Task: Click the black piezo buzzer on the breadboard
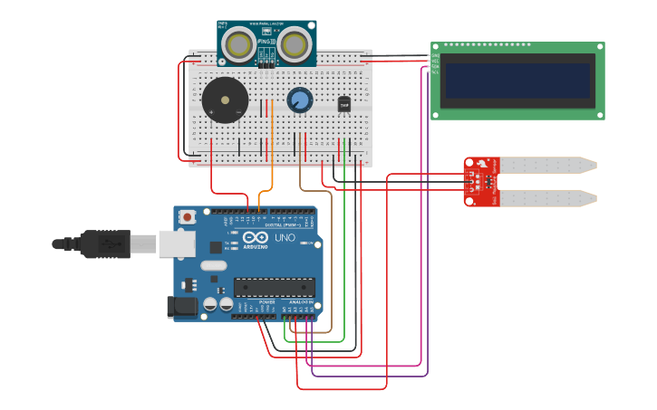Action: (x=224, y=100)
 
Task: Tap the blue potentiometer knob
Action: (x=299, y=100)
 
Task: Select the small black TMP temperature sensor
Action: (x=344, y=104)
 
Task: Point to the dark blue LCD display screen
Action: (x=517, y=81)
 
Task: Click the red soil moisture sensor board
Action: (x=480, y=180)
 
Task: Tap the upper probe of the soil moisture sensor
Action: (x=548, y=165)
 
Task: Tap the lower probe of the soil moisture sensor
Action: (x=548, y=196)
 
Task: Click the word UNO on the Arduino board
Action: (x=285, y=237)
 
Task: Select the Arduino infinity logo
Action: (x=256, y=237)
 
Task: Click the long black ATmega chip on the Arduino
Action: (x=274, y=288)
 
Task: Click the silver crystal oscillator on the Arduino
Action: (x=214, y=266)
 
